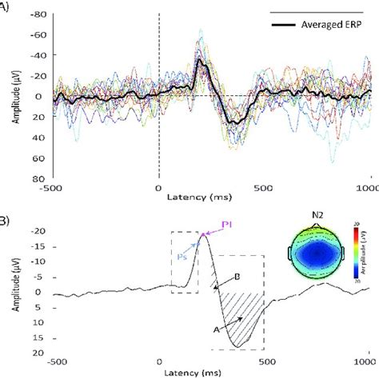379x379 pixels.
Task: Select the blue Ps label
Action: tap(182, 258)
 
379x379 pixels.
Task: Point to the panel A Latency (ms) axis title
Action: tap(210, 196)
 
